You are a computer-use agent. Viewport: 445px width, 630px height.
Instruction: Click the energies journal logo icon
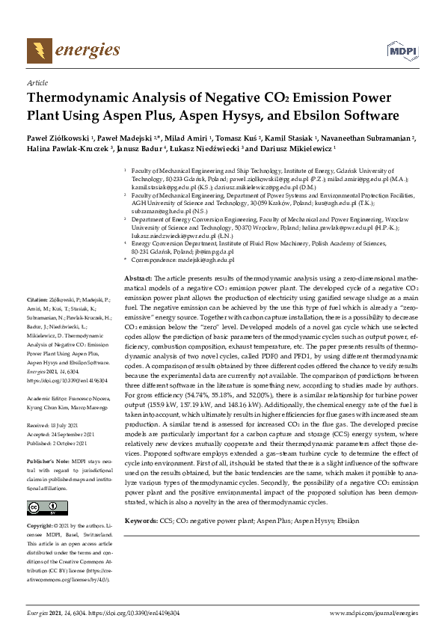37,51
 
